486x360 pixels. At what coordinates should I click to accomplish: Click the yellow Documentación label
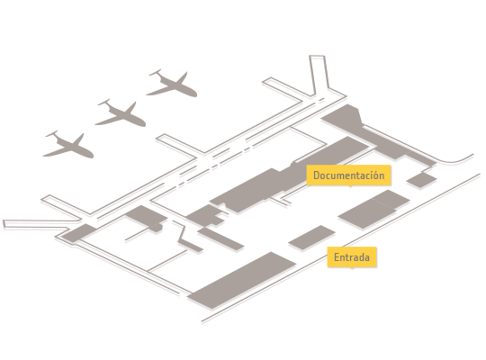(x=348, y=175)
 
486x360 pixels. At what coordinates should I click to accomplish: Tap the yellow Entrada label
(x=352, y=257)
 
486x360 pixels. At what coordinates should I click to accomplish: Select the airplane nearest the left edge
(x=68, y=145)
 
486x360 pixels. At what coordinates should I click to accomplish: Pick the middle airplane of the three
(x=121, y=113)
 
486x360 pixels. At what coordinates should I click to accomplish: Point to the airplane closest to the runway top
(x=172, y=84)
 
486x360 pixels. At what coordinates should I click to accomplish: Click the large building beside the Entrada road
(x=242, y=280)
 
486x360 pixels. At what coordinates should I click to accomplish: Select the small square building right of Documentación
(x=421, y=180)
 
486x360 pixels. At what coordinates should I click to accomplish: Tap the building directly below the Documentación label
(x=373, y=210)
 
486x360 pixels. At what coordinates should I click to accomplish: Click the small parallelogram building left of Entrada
(x=311, y=238)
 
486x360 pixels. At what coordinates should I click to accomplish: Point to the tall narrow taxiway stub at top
(x=319, y=76)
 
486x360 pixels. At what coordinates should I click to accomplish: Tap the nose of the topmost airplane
(x=194, y=94)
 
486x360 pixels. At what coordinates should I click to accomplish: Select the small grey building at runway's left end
(x=79, y=233)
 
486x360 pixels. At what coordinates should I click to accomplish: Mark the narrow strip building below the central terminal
(x=220, y=238)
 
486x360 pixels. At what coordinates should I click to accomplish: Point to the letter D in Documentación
(x=317, y=175)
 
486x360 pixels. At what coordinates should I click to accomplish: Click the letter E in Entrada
(x=337, y=257)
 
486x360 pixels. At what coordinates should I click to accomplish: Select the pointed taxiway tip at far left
(x=4, y=224)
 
